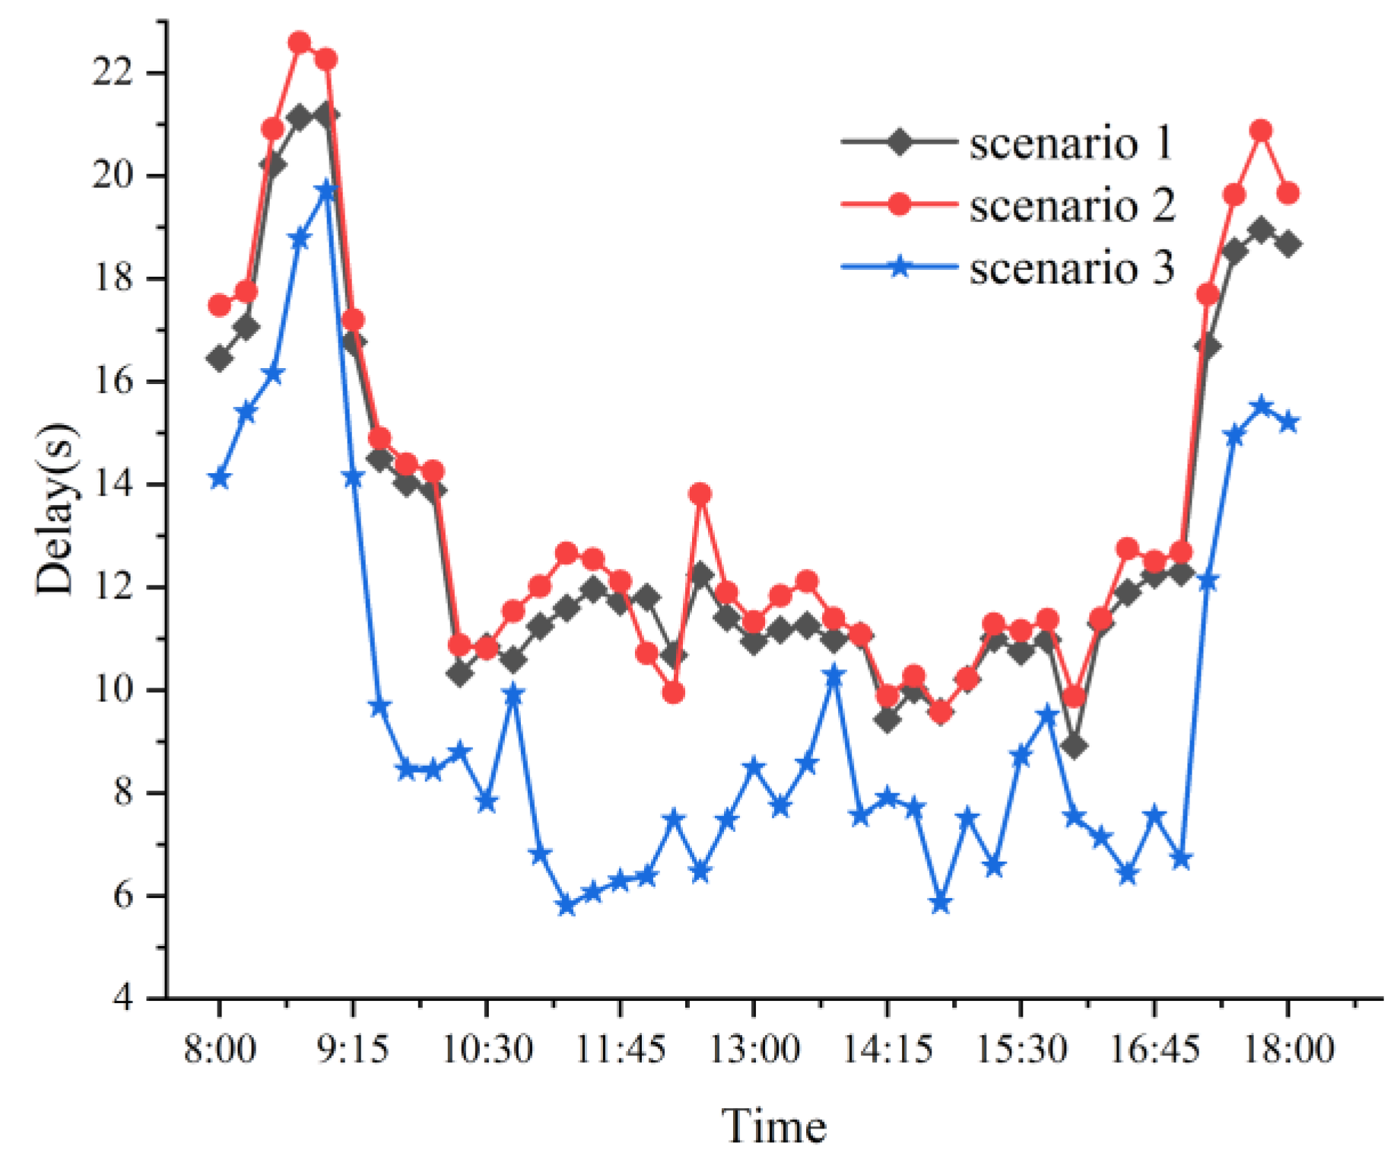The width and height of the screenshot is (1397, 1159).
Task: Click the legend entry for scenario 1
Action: pos(1071,143)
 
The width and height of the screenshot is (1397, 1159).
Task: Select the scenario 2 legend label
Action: pos(1071,205)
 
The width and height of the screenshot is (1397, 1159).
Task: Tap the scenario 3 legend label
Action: pos(1071,268)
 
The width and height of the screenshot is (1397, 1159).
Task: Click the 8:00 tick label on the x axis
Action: pos(220,1049)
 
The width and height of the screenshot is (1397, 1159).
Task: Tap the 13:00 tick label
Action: pos(754,1049)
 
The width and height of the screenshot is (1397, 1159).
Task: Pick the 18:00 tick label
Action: pos(1287,1049)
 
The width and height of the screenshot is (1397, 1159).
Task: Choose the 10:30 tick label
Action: pos(487,1049)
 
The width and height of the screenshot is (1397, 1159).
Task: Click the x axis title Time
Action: pos(773,1126)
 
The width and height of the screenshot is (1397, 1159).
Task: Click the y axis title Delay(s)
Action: pos(56,510)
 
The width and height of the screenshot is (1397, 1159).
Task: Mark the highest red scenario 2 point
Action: pos(300,43)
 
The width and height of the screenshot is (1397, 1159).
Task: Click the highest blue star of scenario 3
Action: pos(326,190)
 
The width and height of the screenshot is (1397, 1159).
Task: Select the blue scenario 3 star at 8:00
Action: pos(220,478)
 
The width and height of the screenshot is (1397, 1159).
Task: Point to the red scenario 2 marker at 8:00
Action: pos(220,305)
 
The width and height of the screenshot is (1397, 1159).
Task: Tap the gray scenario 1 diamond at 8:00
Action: pos(220,358)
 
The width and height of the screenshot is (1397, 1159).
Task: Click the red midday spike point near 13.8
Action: pos(700,494)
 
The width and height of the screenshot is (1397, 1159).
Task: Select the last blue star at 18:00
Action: pos(1287,423)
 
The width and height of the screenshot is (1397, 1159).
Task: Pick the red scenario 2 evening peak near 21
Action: pos(1261,131)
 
